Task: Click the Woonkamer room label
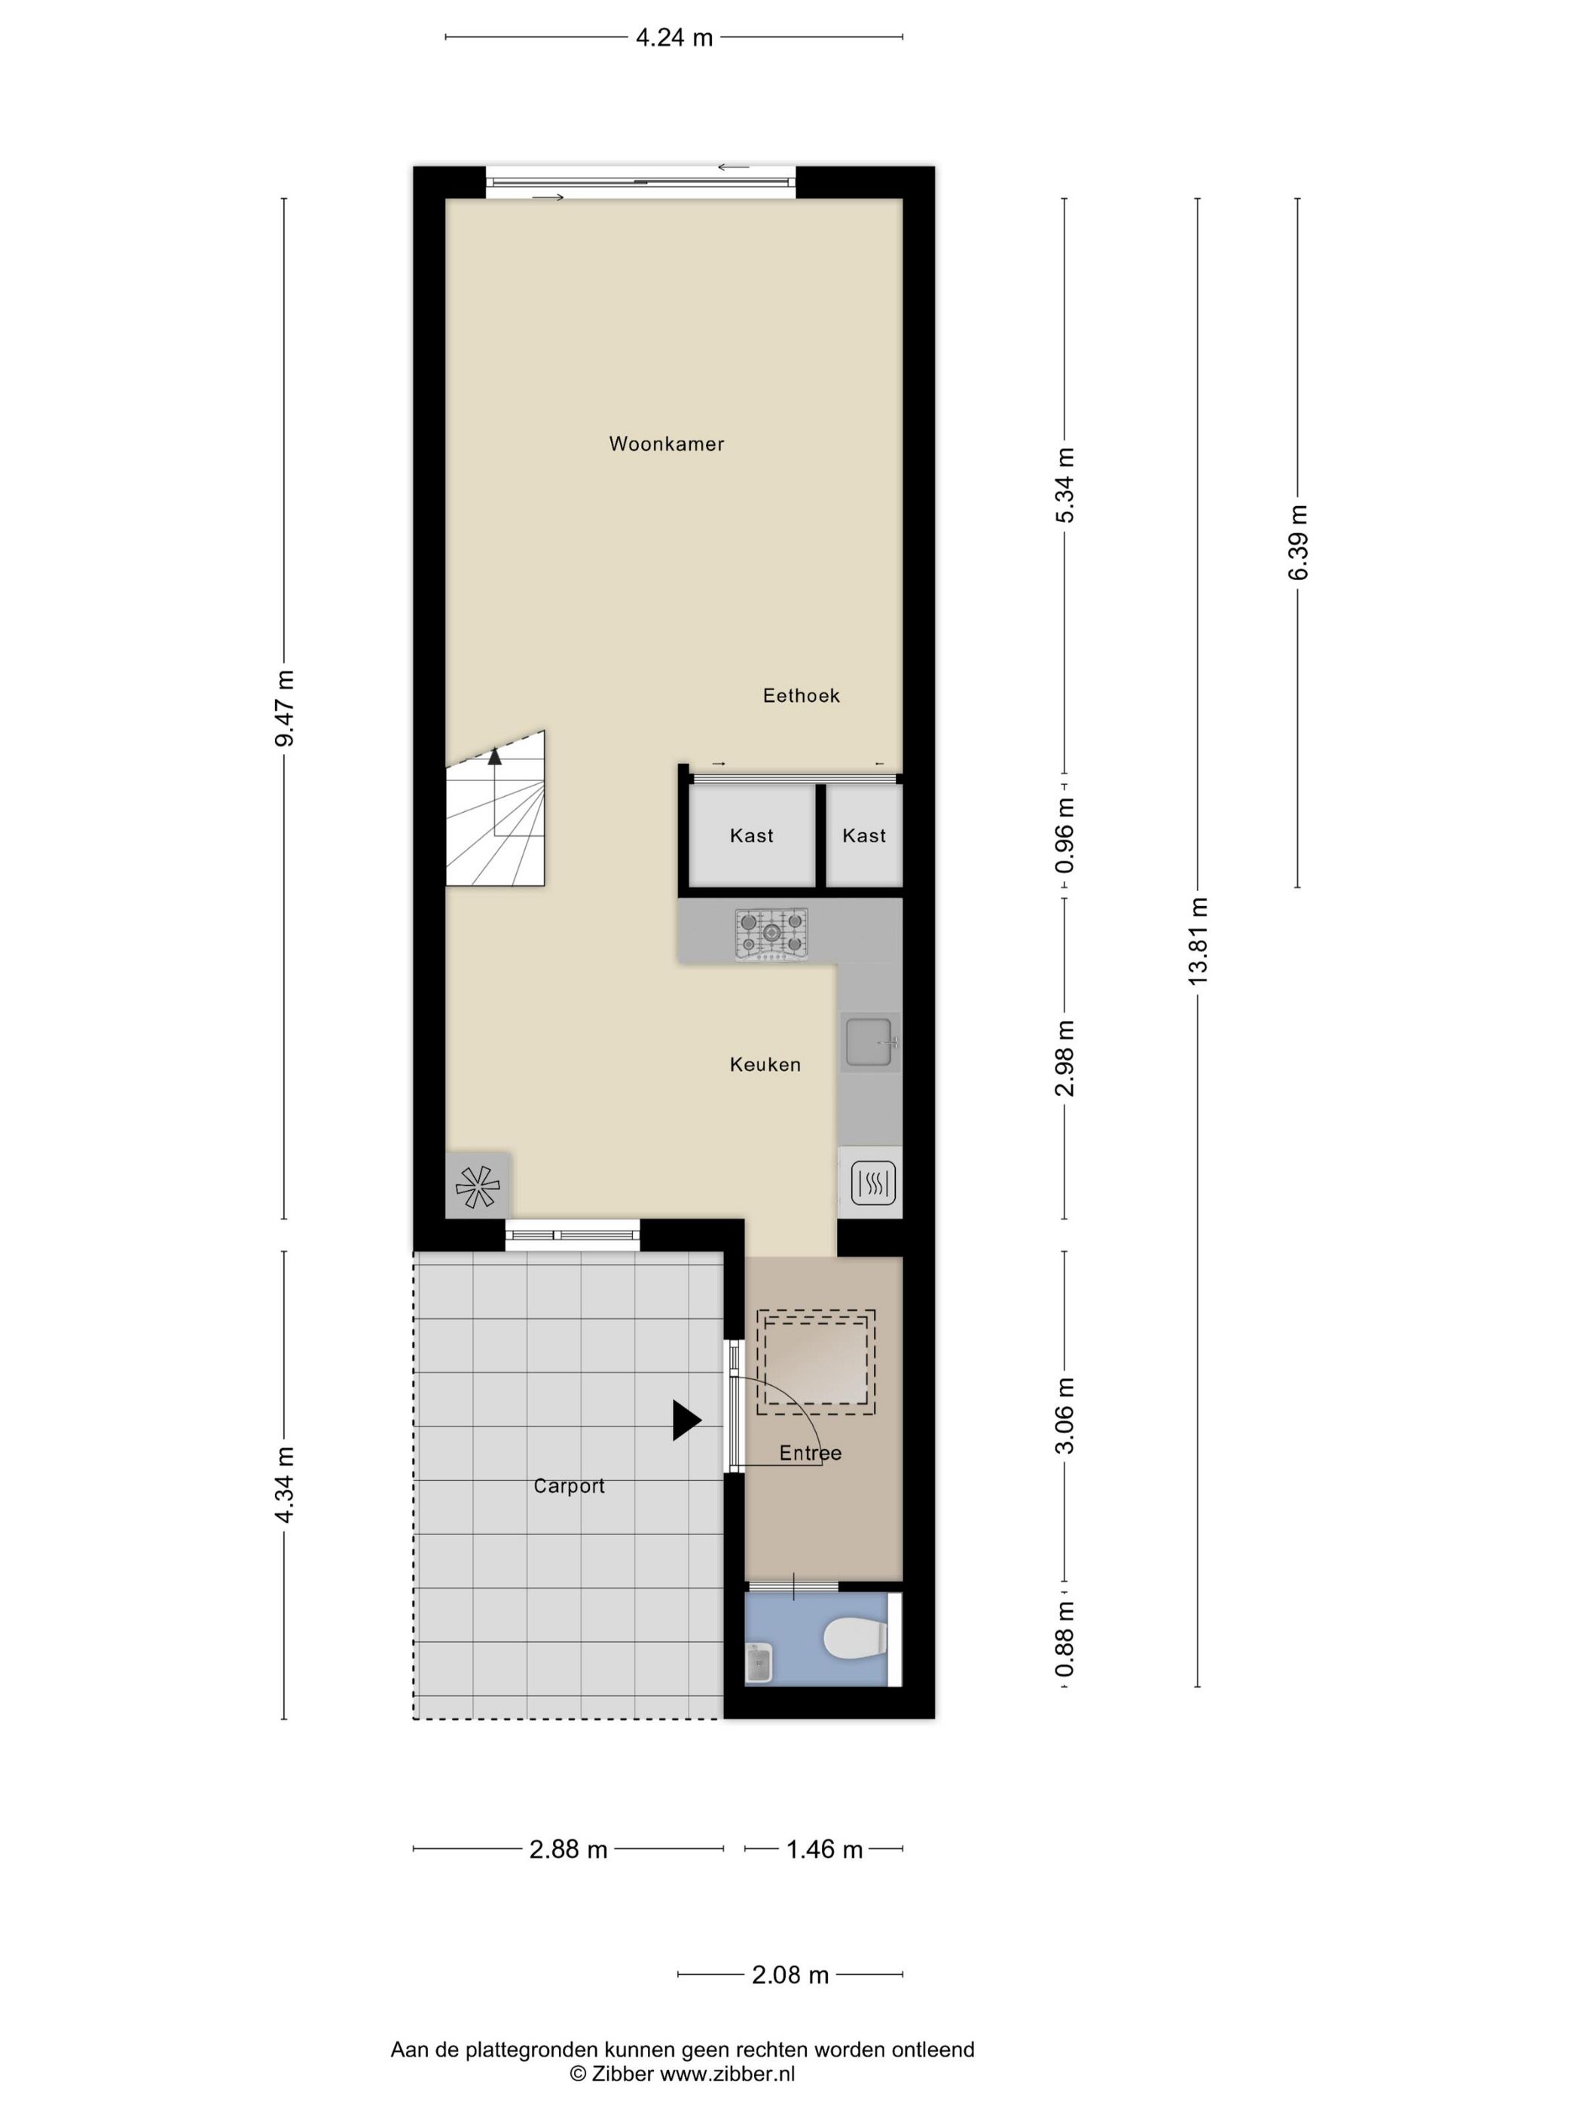click(x=666, y=444)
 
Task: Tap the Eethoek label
click(x=801, y=695)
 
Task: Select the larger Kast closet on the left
click(x=751, y=835)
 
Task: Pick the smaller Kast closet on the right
click(x=864, y=835)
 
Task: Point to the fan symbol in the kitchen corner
click(x=478, y=1187)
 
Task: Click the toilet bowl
click(x=855, y=1640)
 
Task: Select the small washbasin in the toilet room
click(x=759, y=1663)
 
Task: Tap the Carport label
click(x=570, y=1485)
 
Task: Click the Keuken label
click(x=765, y=1064)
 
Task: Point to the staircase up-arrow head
click(x=494, y=757)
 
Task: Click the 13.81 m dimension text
click(x=1198, y=941)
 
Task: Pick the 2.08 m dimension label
click(x=790, y=1975)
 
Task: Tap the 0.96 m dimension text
click(x=1064, y=836)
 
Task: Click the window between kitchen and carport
click(x=572, y=1236)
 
